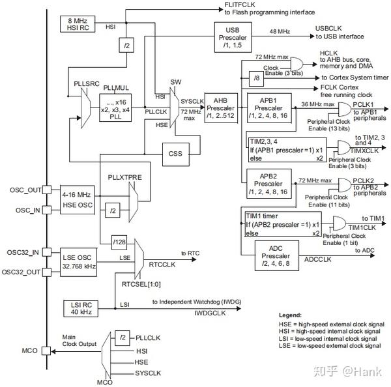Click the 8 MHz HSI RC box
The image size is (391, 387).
78,24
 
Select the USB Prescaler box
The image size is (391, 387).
233,37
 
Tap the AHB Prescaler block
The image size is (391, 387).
221,108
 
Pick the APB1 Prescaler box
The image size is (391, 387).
269,108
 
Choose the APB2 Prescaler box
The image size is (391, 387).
268,184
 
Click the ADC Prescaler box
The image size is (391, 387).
277,255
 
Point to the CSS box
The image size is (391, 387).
176,154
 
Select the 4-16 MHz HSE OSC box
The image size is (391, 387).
78,200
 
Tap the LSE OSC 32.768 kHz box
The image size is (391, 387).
78,262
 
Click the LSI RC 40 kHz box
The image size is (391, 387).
81,309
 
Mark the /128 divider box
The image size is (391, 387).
119,242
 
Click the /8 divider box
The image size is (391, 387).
256,78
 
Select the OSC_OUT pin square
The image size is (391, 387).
47,190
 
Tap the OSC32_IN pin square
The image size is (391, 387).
47,252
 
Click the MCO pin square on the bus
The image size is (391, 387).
46,351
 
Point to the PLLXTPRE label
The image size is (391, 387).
124,177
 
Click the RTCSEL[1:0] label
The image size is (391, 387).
141,284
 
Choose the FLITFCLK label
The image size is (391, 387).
240,5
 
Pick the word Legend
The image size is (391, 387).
290,315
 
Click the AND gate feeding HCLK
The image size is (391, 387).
297,64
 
